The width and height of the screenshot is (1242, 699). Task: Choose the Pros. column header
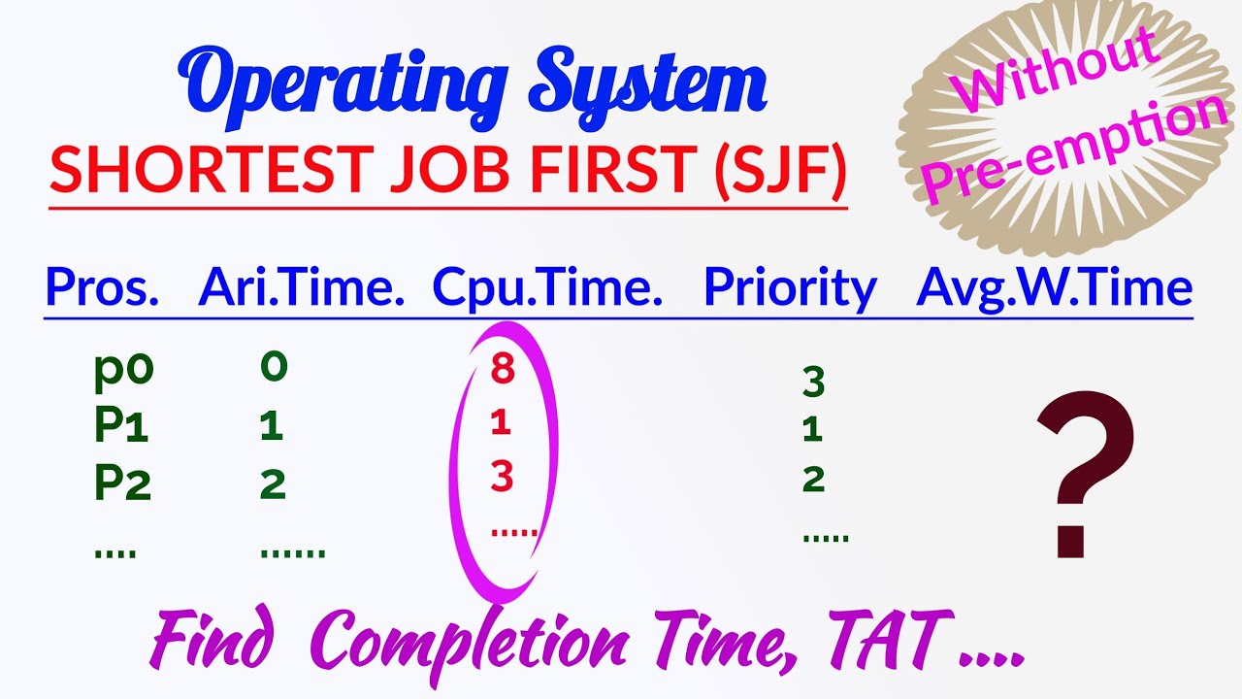coord(102,287)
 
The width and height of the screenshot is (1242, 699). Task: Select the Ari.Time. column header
coord(301,287)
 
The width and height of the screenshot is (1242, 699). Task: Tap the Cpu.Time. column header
coord(547,287)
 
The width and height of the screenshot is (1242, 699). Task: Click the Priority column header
coord(790,289)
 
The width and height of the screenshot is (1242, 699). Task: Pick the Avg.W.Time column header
coord(1054,287)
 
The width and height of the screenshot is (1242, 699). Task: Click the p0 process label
coord(124,370)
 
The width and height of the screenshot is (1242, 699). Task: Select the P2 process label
coord(123,483)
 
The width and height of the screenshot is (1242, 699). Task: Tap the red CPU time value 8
coord(502,370)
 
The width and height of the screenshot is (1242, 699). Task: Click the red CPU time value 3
coord(502,478)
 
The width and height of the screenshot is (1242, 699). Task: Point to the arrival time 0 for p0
coord(274,367)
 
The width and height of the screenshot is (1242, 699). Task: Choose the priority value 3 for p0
coord(813,383)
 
